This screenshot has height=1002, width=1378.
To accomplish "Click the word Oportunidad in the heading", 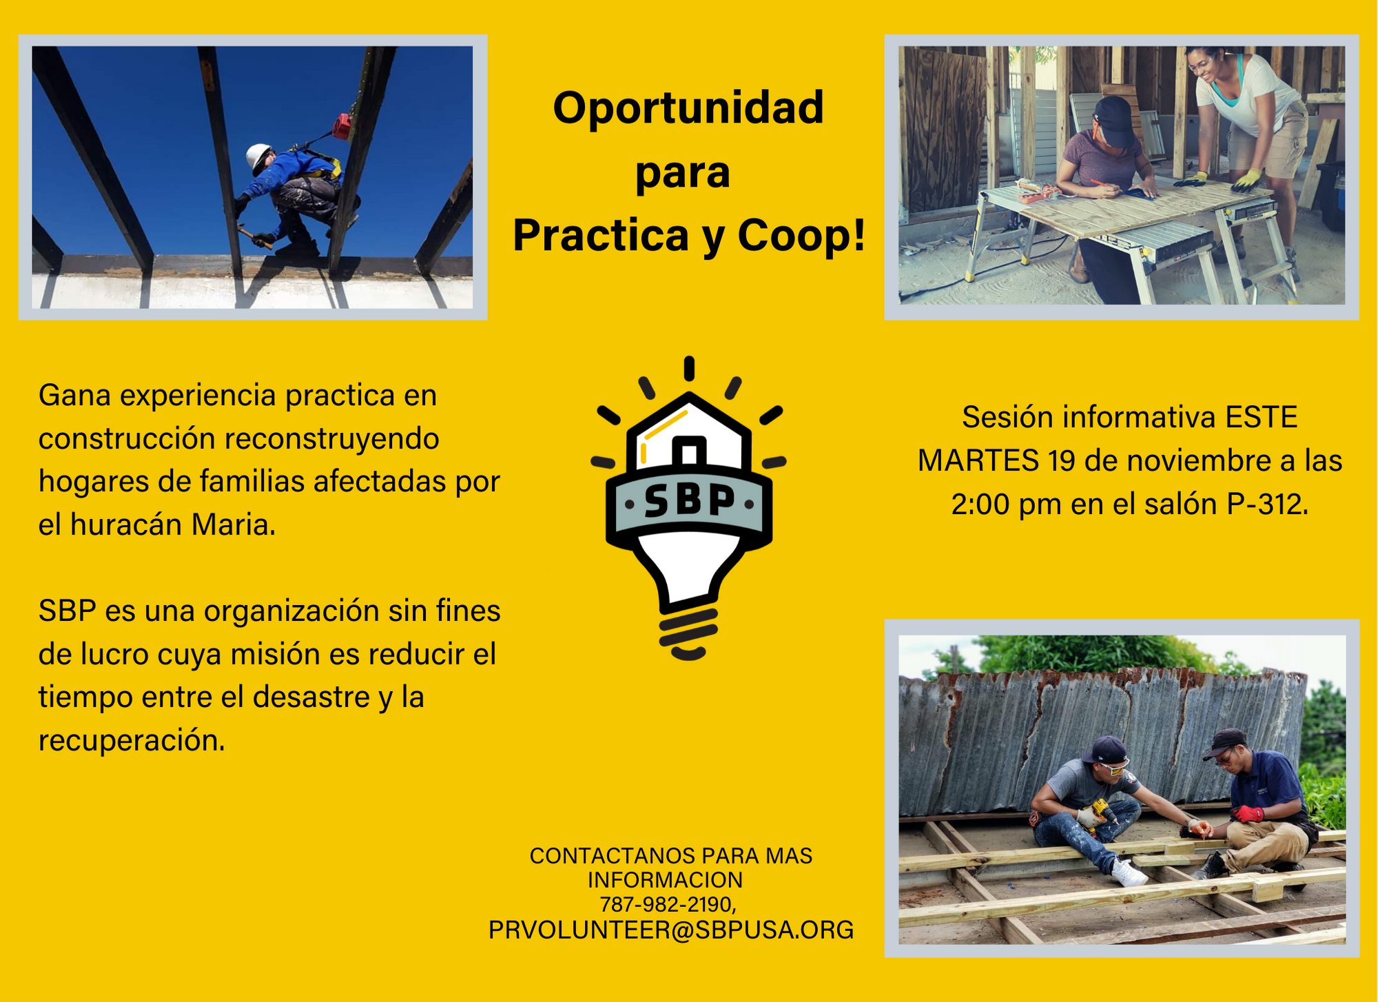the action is click(x=688, y=108).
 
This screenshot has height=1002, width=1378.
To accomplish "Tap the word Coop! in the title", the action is click(x=801, y=235).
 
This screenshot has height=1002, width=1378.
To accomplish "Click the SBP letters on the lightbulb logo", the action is click(x=689, y=501).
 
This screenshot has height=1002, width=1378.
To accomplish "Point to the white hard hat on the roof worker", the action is click(x=258, y=156).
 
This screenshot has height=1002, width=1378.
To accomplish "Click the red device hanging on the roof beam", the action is click(x=342, y=127).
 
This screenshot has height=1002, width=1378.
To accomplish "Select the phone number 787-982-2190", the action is click(x=667, y=904).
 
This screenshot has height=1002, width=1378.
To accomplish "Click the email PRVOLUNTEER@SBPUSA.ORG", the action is click(x=671, y=930).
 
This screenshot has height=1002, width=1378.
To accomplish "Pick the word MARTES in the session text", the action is click(x=978, y=461).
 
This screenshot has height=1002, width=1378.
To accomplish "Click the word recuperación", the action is click(x=132, y=742).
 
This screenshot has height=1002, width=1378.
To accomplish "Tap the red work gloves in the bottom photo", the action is click(x=1247, y=814).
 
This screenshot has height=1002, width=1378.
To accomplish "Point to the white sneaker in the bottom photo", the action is click(x=1128, y=874).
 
